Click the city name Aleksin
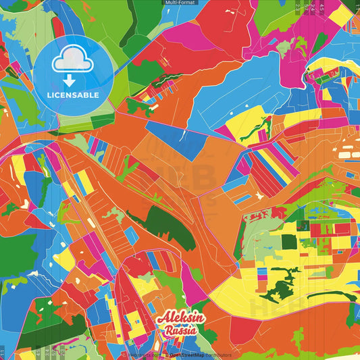(178, 319)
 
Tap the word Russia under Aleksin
(180, 331)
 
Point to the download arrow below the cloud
(70, 80)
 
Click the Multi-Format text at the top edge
(180, 3)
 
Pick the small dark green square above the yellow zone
(289, 241)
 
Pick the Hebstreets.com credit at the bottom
(143, 355)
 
